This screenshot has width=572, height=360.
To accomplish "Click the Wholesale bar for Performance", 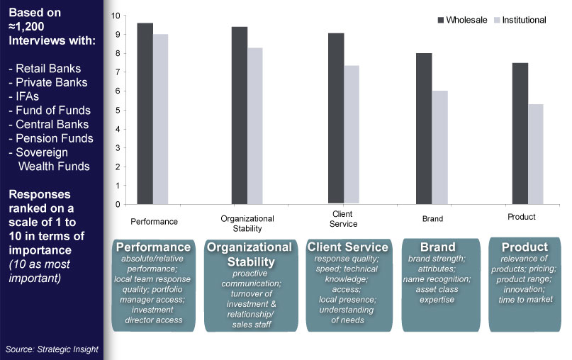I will click(x=145, y=113).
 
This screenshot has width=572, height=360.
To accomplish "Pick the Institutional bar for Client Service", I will click(x=352, y=135).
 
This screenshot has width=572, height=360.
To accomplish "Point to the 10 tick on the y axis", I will click(x=118, y=15).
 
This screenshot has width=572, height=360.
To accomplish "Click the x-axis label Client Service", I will click(x=342, y=218).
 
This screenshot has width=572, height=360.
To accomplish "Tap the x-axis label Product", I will click(x=521, y=216).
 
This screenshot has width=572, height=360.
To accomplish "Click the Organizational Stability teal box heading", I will click(x=248, y=254).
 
